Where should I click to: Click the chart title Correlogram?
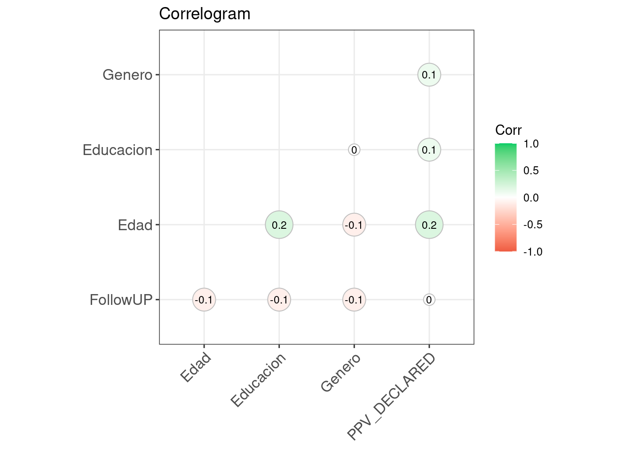tap(205, 14)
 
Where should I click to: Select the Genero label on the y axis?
tap(127, 75)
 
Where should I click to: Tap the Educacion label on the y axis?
tap(118, 150)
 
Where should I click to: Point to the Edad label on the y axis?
tap(135, 225)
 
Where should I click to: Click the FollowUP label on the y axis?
tap(121, 300)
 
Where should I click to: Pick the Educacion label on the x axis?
tap(259, 380)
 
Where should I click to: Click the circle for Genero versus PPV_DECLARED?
tap(429, 75)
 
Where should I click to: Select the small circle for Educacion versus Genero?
tap(354, 150)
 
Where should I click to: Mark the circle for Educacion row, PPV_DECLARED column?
tap(429, 150)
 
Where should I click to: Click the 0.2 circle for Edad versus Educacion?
tap(279, 225)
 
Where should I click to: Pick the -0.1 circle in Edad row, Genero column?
tap(354, 225)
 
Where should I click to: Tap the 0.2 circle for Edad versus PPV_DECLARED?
tap(429, 225)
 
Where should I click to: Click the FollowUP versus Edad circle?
tap(204, 300)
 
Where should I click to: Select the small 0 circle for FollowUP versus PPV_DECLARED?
tap(429, 300)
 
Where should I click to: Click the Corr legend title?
tap(508, 130)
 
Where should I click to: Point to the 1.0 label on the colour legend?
tap(531, 144)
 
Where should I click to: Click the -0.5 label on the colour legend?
tap(533, 225)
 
